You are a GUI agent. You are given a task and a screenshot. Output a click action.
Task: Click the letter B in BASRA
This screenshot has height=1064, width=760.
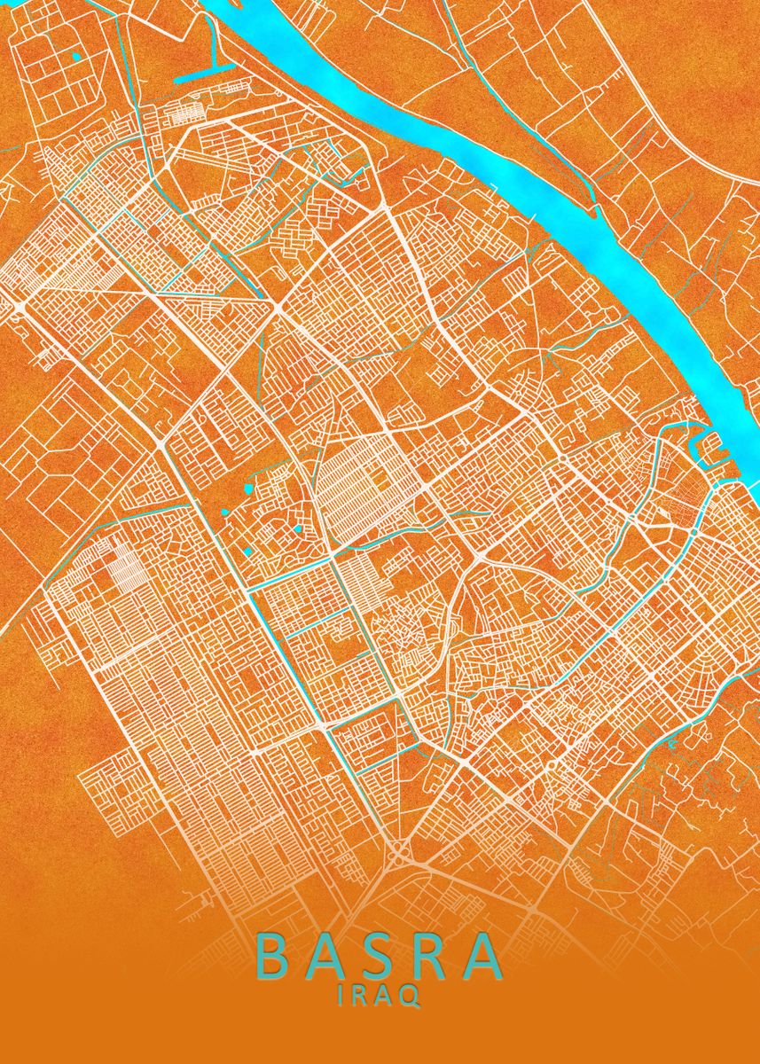[273, 956]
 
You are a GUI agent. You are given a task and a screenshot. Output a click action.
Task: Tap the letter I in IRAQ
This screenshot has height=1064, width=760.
[341, 995]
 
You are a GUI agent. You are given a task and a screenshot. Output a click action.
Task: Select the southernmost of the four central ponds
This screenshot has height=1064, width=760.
[247, 551]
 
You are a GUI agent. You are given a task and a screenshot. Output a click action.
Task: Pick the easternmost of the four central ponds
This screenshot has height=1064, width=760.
[298, 529]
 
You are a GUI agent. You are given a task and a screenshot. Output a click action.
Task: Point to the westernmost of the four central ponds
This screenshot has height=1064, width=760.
[228, 513]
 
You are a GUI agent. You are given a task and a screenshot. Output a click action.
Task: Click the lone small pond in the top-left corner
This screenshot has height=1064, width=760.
[76, 57]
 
